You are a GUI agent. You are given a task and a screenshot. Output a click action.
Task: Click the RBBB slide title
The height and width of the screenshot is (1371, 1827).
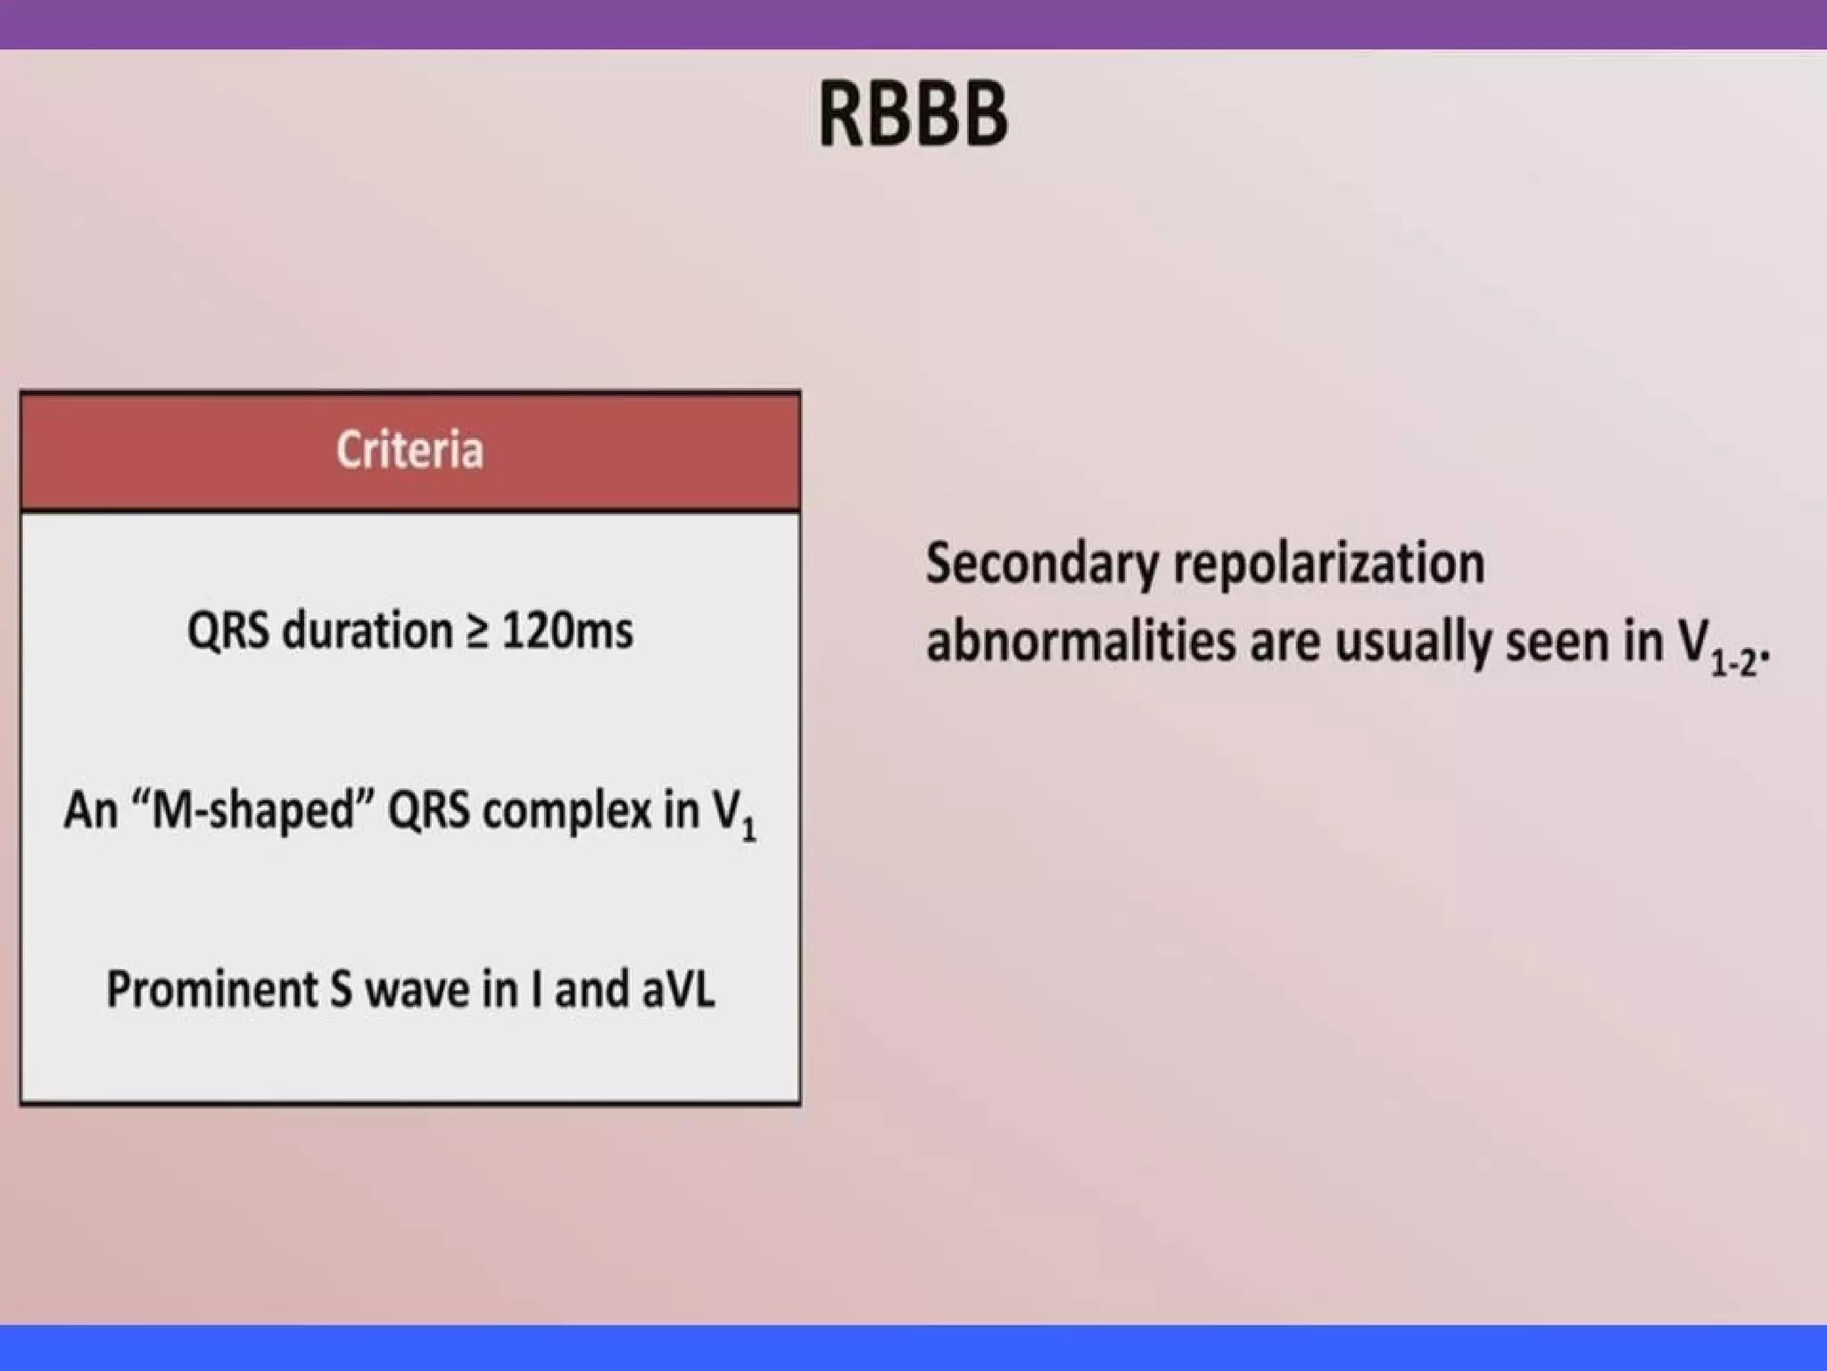(x=913, y=113)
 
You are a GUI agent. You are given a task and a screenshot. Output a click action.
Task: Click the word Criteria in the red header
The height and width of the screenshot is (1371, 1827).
(x=409, y=449)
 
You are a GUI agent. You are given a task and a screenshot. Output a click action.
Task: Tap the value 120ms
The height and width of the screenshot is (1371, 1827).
(x=567, y=631)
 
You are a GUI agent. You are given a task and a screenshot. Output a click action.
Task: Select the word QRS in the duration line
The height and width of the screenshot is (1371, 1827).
(x=228, y=632)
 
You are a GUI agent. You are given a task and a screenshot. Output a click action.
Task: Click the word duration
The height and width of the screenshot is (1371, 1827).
(x=368, y=631)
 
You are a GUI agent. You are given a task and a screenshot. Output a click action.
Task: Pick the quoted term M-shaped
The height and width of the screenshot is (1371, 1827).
(x=253, y=811)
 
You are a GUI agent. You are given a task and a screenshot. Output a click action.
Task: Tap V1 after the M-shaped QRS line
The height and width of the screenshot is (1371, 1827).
(x=733, y=815)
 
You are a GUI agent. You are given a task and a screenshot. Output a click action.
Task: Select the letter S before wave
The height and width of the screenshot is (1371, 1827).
(x=341, y=990)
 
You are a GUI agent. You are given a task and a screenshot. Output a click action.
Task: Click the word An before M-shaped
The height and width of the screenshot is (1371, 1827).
(x=91, y=811)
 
